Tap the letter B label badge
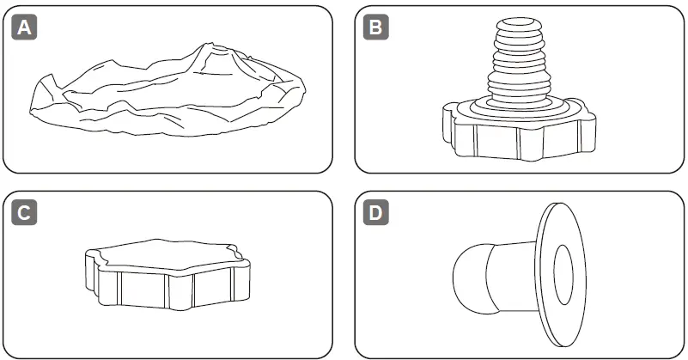click(x=375, y=28)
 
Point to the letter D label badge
click(x=375, y=212)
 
